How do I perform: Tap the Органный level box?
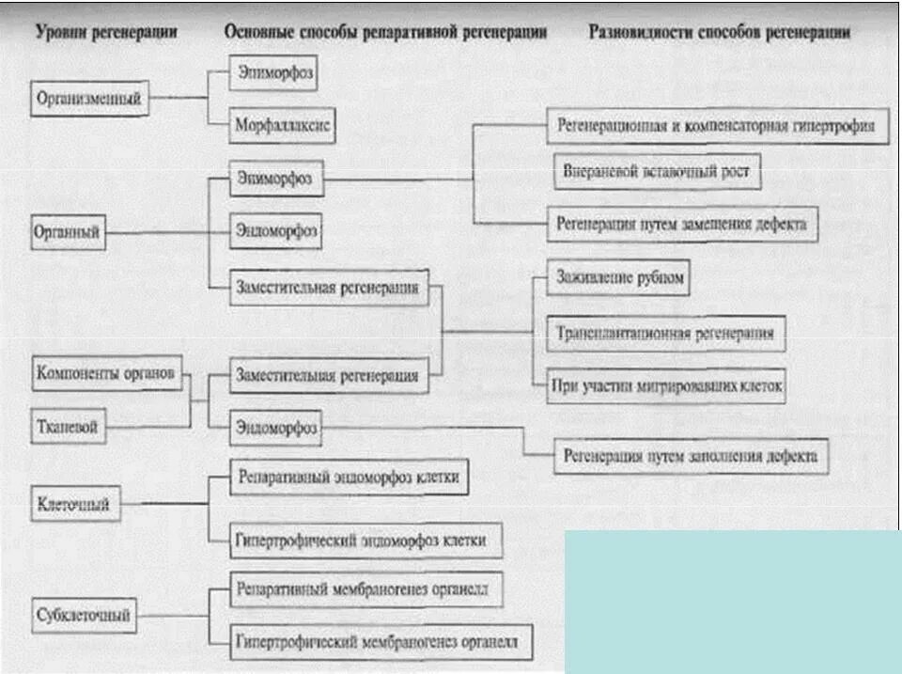[x=67, y=230]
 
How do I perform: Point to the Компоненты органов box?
[x=105, y=373]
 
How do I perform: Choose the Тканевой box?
[x=67, y=426]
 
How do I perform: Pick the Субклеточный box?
[x=83, y=617]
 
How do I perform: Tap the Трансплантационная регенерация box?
[x=665, y=333]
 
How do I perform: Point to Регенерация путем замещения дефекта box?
[x=681, y=225]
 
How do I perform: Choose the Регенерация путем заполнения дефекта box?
[x=691, y=456]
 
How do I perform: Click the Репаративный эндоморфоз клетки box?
[x=349, y=478]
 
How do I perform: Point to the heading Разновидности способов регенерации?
[x=719, y=32]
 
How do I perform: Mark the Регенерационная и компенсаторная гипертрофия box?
[x=718, y=124]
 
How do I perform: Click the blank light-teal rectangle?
[x=732, y=602]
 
